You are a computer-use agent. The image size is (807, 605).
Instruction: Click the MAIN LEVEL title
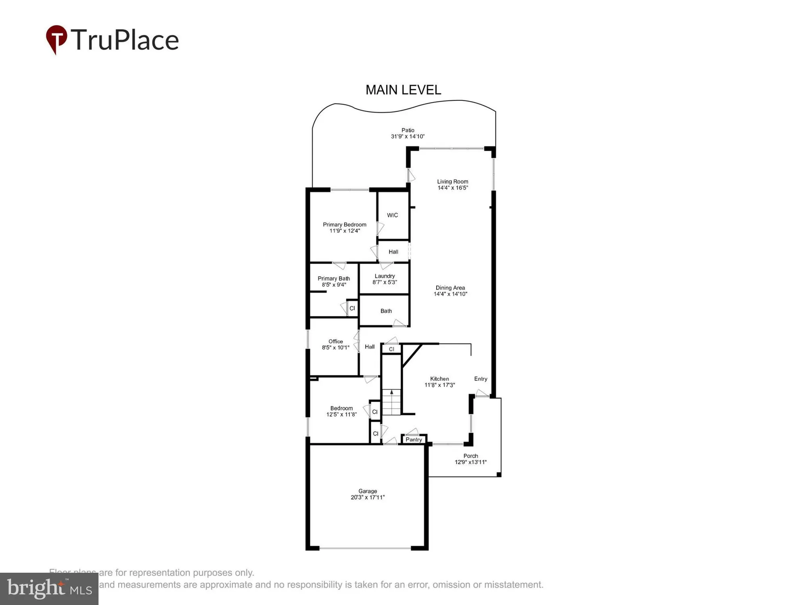coord(403,90)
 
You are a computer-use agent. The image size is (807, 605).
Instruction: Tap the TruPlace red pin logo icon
coord(56,39)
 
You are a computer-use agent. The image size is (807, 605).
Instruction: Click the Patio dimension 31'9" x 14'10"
coord(408,137)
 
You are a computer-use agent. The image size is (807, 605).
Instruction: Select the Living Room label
coord(452,181)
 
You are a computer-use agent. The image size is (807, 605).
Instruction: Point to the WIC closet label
coord(392,215)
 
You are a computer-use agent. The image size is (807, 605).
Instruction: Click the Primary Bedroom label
coord(344,225)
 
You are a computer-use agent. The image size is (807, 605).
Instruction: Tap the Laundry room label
coord(385,276)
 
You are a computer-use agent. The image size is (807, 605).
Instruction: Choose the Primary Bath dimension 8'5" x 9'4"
coord(334,285)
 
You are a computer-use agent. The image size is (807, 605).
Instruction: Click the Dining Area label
coord(450,288)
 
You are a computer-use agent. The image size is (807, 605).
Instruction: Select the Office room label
coord(335,342)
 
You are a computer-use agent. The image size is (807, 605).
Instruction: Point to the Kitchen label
coord(439,379)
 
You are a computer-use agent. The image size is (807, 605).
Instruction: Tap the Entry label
coord(481,379)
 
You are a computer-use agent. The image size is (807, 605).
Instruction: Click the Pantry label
coord(414,440)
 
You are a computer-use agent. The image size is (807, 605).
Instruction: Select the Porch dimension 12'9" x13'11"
coord(470,462)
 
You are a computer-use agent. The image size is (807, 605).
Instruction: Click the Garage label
coord(368,491)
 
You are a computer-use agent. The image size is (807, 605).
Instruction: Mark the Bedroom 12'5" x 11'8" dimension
coord(341,415)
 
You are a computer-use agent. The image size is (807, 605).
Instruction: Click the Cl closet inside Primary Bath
coord(352,309)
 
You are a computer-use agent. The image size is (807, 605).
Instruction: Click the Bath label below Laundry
coord(386,311)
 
